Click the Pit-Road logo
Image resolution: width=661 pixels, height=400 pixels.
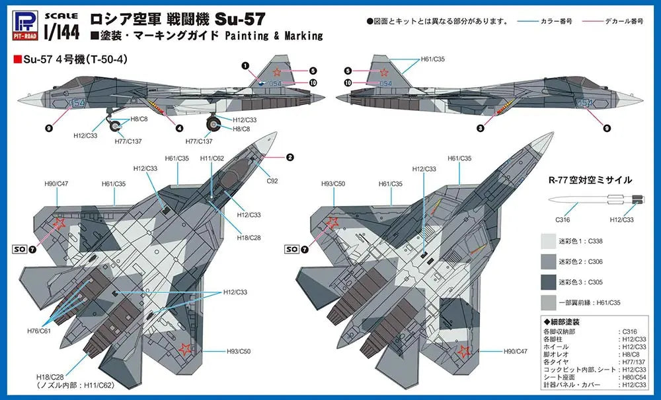(25, 25)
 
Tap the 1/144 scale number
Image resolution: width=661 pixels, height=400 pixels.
(61, 32)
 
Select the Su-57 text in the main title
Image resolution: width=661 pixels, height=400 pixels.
(240, 19)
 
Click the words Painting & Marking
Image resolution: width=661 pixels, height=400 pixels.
(274, 36)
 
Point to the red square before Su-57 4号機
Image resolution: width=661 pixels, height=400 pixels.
(18, 59)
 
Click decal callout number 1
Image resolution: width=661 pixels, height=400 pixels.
(245, 66)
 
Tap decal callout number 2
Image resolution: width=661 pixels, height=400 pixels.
(290, 158)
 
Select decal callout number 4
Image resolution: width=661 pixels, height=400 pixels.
(180, 128)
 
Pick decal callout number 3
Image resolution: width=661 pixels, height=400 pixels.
(481, 129)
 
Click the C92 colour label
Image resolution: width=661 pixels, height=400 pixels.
(272, 181)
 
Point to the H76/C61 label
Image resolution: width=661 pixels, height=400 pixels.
(39, 331)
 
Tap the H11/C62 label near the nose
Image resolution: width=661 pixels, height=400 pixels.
(212, 158)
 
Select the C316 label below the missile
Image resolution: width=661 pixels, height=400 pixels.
(563, 220)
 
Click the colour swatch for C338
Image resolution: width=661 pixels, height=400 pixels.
(549, 242)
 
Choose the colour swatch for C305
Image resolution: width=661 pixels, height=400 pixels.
(549, 282)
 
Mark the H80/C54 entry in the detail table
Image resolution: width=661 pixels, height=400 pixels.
(634, 378)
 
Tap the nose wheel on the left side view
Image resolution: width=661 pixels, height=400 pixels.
(115, 126)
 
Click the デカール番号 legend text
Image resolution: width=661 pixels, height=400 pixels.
(625, 20)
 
